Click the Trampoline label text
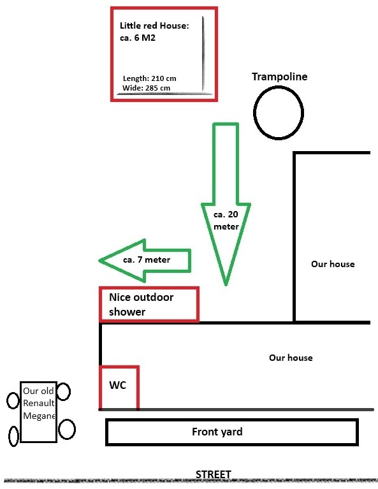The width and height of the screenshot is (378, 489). point(279,77)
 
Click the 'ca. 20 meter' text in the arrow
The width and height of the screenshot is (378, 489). point(226,220)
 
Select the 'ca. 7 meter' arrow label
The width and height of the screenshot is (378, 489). point(147,259)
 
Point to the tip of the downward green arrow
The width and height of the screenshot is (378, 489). point(226,285)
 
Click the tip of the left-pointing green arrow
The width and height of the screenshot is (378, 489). point(99,260)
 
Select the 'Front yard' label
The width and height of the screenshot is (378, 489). point(217,432)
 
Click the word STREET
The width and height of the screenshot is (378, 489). point(214,474)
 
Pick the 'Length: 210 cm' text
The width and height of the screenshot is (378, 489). point(149,78)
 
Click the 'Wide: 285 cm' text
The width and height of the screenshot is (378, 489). point(146,88)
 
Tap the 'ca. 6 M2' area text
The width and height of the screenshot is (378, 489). point(138,38)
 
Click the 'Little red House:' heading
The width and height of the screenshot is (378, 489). point(154,26)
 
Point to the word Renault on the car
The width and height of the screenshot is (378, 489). point(39,403)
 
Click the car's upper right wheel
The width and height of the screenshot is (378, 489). point(64,391)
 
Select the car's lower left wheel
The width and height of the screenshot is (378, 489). point(13,436)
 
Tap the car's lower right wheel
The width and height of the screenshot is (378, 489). point(67,430)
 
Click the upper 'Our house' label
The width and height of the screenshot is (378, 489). point(333,264)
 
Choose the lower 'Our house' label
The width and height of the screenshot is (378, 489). point(291,358)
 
